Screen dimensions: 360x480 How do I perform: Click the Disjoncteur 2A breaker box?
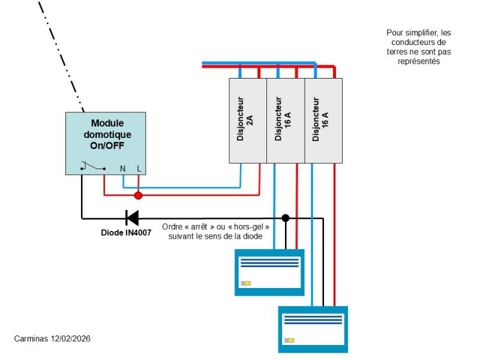click(x=248, y=120)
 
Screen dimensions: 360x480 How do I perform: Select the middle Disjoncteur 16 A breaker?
click(x=286, y=120)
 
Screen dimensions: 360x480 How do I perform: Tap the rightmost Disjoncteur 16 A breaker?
click(x=323, y=120)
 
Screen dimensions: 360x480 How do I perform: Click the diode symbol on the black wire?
click(x=131, y=218)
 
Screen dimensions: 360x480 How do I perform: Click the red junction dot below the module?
click(x=139, y=195)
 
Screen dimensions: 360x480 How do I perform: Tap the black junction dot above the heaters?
click(x=286, y=218)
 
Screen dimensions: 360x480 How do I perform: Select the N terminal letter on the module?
click(x=123, y=169)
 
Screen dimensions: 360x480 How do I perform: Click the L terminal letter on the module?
click(x=139, y=169)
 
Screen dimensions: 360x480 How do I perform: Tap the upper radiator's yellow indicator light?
click(x=246, y=283)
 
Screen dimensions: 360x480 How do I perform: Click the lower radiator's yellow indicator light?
click(x=290, y=340)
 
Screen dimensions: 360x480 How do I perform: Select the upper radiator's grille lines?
click(x=269, y=262)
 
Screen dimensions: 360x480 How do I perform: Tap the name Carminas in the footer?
click(x=29, y=339)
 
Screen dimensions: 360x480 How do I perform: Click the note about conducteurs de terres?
click(x=419, y=47)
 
